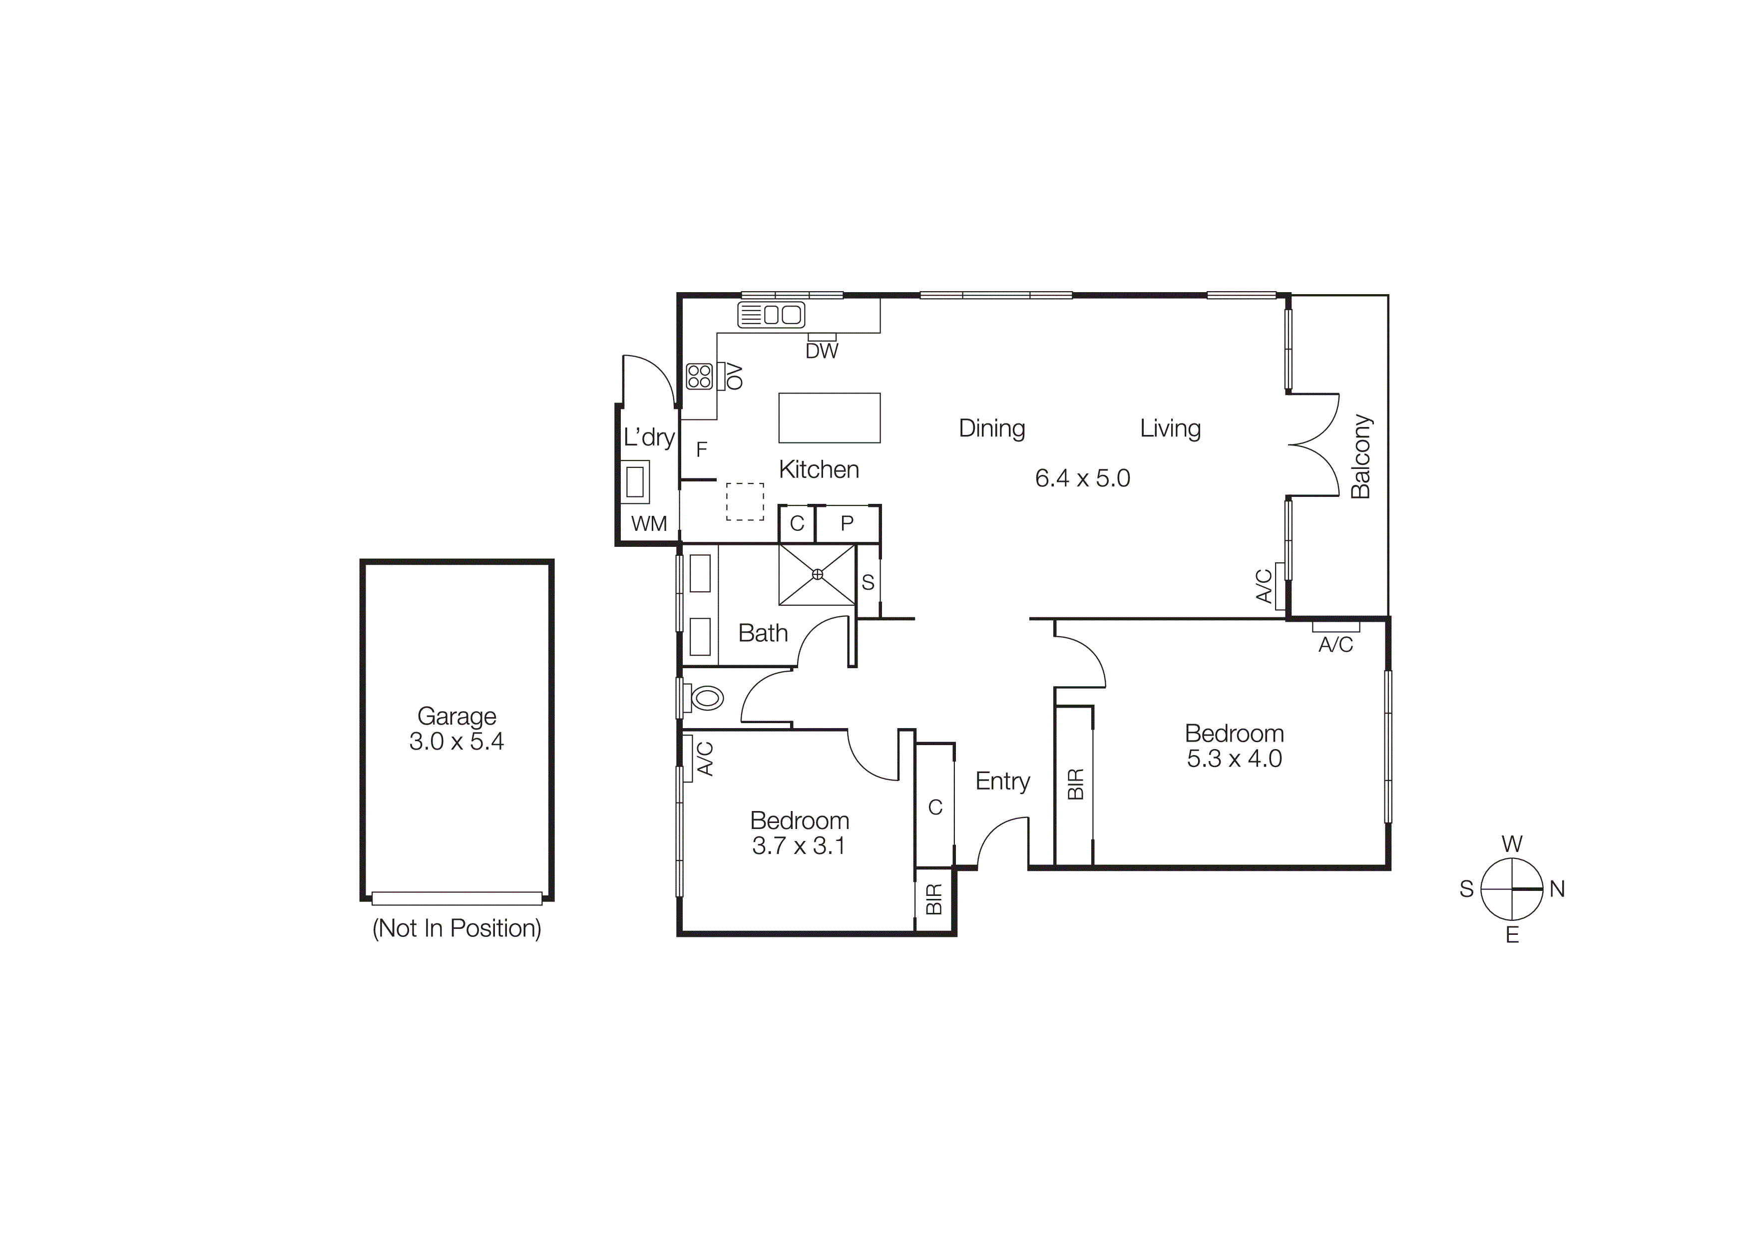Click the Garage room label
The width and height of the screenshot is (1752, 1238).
[456, 716]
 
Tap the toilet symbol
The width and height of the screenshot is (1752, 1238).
[707, 697]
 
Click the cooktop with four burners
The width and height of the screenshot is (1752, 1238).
[699, 376]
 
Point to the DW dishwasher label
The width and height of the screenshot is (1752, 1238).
[822, 351]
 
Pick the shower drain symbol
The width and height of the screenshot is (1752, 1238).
[817, 574]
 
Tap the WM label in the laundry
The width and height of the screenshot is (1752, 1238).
[649, 523]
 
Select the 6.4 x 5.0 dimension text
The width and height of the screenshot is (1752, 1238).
[1082, 478]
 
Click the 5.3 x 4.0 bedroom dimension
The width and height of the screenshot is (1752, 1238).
[1234, 759]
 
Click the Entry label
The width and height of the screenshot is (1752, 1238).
[1003, 781]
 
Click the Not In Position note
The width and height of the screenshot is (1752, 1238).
[456, 928]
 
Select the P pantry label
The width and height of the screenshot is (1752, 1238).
[847, 524]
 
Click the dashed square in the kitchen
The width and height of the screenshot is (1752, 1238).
[745, 502]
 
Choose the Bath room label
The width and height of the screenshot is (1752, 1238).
[763, 633]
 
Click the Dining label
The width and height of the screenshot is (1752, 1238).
[992, 428]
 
